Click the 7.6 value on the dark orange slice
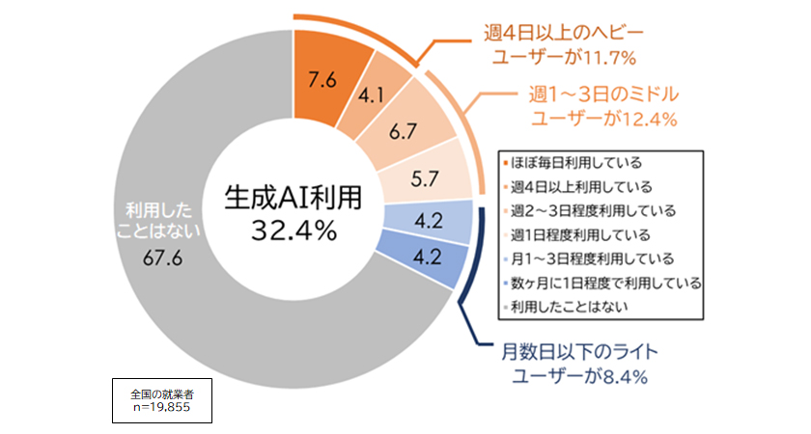tap(322, 81)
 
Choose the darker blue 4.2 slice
tap(423, 257)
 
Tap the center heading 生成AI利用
tap(293, 197)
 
